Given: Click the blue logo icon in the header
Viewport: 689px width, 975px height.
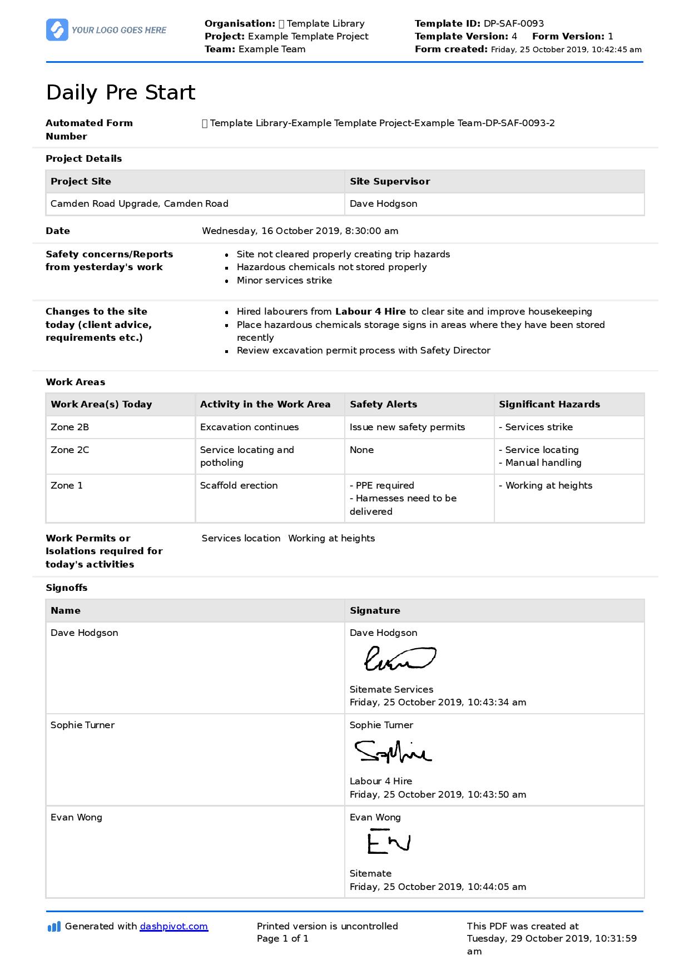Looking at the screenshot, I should click(x=57, y=29).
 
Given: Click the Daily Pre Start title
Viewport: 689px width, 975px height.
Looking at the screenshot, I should click(x=121, y=92).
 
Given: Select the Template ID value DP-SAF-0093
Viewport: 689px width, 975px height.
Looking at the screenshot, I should click(x=513, y=23).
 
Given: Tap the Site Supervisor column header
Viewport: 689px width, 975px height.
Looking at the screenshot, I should click(x=389, y=181).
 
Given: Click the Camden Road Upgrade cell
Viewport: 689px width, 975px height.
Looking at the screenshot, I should click(x=139, y=203).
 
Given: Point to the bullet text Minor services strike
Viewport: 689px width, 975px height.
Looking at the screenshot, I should click(x=284, y=280).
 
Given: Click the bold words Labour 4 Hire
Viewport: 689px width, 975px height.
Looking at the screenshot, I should click(x=370, y=311).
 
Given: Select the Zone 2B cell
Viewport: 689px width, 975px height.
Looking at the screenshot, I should click(x=70, y=427).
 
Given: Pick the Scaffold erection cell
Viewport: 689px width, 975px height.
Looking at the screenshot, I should click(x=239, y=485).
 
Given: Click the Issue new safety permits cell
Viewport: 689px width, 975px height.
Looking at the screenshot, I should click(x=407, y=427).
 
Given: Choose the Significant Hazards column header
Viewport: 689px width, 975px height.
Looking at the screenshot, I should click(x=549, y=404).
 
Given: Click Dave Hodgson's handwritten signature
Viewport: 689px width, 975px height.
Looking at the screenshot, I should click(x=399, y=659).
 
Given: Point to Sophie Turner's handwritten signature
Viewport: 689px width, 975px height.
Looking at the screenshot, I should click(x=393, y=752).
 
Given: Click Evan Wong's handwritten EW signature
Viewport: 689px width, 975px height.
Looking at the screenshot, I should click(x=388, y=842).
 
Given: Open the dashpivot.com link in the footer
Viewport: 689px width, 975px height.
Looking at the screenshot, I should click(x=174, y=926).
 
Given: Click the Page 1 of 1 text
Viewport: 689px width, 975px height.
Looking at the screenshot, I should click(x=282, y=938).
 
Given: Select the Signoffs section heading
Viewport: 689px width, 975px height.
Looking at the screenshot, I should click(x=66, y=588).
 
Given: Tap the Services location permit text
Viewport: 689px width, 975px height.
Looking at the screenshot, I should click(x=241, y=538).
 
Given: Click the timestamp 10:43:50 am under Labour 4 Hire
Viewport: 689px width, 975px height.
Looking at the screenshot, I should click(x=497, y=794).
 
